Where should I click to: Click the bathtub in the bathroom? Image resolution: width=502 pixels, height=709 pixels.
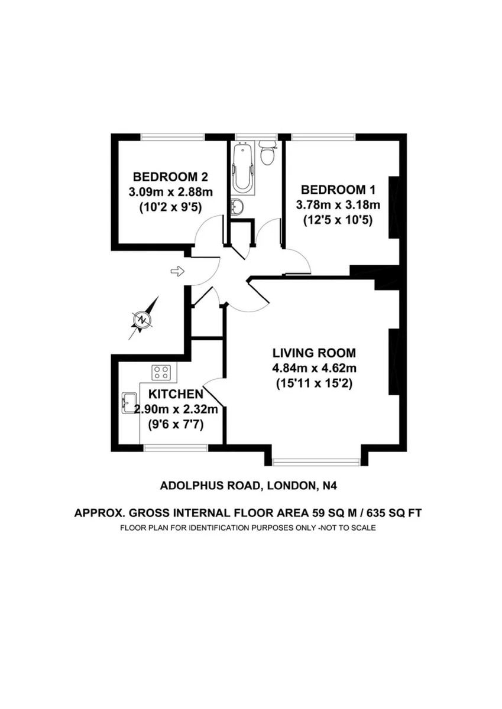coord(242,168)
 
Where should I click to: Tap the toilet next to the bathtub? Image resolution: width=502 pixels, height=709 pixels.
coord(268,152)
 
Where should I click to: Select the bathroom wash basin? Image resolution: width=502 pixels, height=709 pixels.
coord(237,207)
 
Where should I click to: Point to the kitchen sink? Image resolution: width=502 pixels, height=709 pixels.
coord(129,403)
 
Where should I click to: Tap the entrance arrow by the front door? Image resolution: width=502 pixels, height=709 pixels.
coord(177,271)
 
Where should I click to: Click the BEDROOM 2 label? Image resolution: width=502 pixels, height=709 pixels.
coord(170,177)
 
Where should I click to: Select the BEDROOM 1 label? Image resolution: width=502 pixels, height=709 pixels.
coord(338,190)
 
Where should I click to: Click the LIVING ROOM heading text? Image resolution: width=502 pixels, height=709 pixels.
coord(315,353)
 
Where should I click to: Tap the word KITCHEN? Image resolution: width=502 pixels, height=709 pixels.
coord(176,394)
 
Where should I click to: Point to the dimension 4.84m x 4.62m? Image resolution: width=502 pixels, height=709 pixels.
coord(315,368)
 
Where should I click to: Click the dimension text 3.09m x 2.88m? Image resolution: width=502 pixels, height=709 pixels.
coord(170,192)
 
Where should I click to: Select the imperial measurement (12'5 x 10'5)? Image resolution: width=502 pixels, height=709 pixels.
coord(338,220)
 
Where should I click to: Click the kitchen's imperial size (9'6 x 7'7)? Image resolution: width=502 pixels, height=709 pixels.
coord(176,425)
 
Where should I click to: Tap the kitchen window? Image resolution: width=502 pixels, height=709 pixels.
coord(176,448)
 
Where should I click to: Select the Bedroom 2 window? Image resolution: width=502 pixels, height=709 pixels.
coord(173,136)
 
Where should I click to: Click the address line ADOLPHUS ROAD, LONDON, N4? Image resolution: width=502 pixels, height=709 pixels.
coord(248,486)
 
